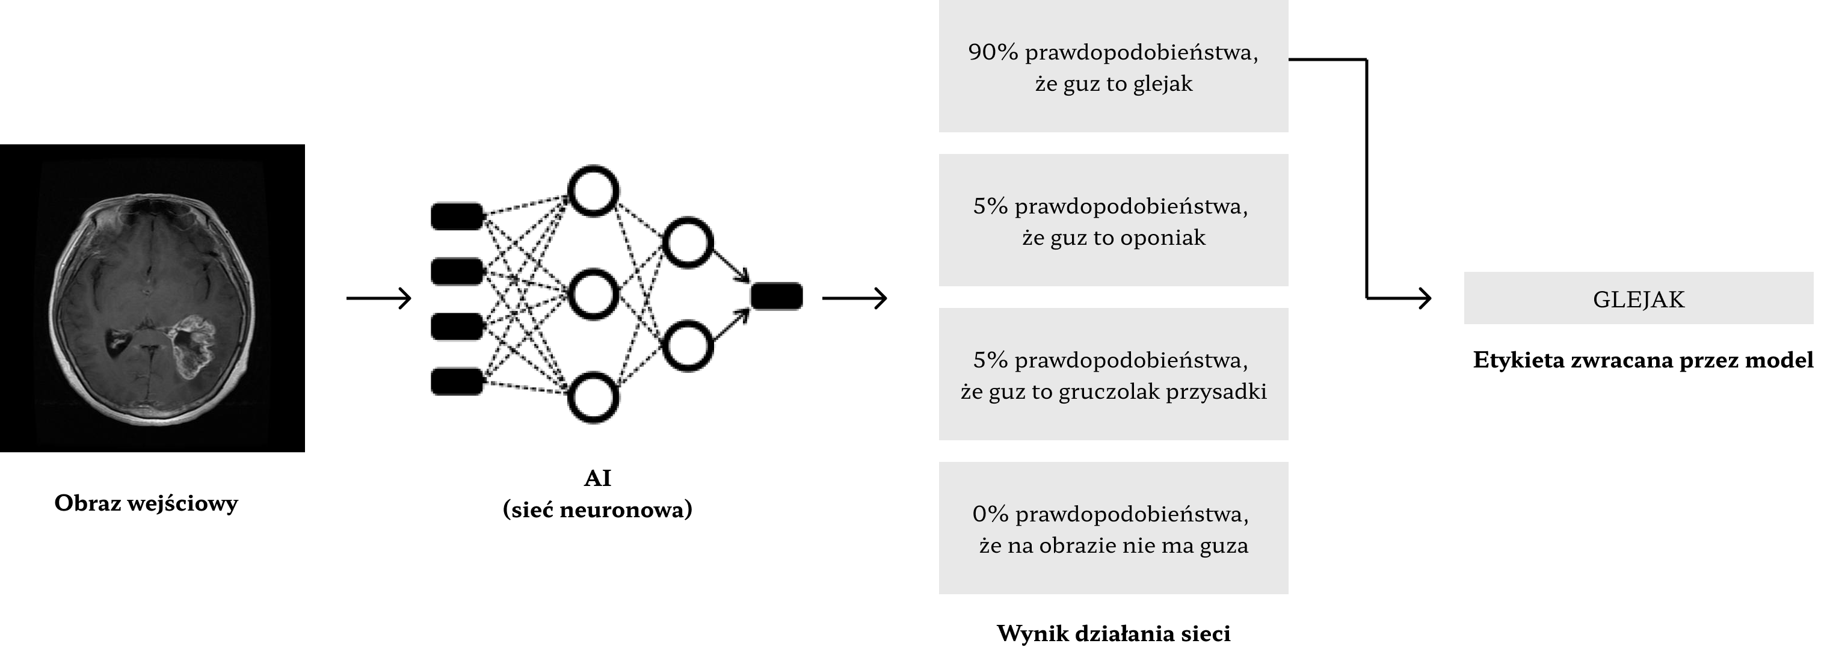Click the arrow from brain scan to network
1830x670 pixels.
pos(378,298)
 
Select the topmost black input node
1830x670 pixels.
pos(457,216)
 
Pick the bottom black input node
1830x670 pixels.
pos(457,381)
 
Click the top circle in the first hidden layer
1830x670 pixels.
pos(593,191)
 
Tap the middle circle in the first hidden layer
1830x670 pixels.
pos(593,294)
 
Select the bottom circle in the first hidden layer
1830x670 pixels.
pos(593,398)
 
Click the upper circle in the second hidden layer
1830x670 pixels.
pos(687,242)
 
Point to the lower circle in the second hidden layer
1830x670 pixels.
pos(687,346)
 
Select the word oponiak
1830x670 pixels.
pos(1162,238)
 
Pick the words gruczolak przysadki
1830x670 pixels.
pos(1162,392)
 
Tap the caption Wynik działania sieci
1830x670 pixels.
pos(1113,634)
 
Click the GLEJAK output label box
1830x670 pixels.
pos(1638,299)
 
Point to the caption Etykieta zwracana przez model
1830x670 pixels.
pos(1642,360)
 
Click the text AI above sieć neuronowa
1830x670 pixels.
pos(597,479)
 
